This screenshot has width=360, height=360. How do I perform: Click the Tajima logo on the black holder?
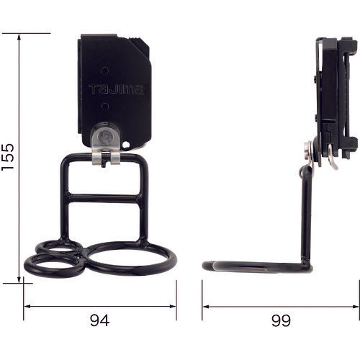116,90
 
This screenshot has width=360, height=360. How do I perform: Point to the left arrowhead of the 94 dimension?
27,306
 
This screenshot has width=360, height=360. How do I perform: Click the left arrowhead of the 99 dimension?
204,306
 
